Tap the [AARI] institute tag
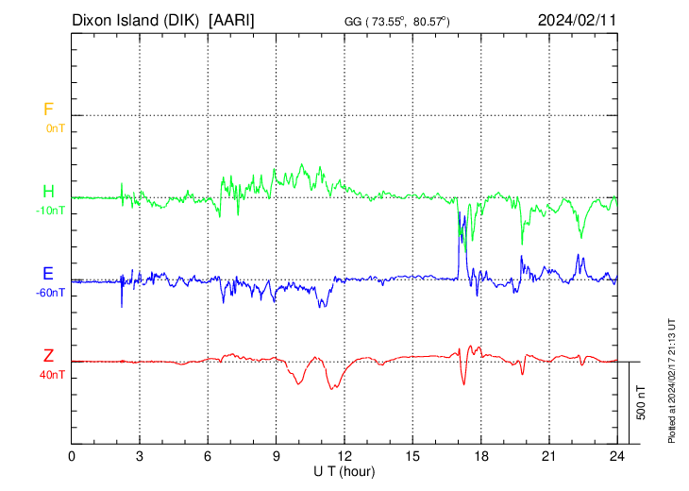pos(232,19)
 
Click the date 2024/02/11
pos(577,19)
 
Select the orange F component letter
pos(48,110)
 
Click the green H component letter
pos(48,192)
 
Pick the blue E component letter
pos(48,274)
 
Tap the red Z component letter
pos(48,356)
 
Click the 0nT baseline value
pos(55,127)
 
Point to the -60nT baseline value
pos(51,292)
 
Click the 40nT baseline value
pos(53,374)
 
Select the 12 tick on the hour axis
pos(344,455)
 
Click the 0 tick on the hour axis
pos(73,455)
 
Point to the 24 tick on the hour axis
pos(617,455)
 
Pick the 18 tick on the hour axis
pos(480,455)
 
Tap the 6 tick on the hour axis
pos(209,455)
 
